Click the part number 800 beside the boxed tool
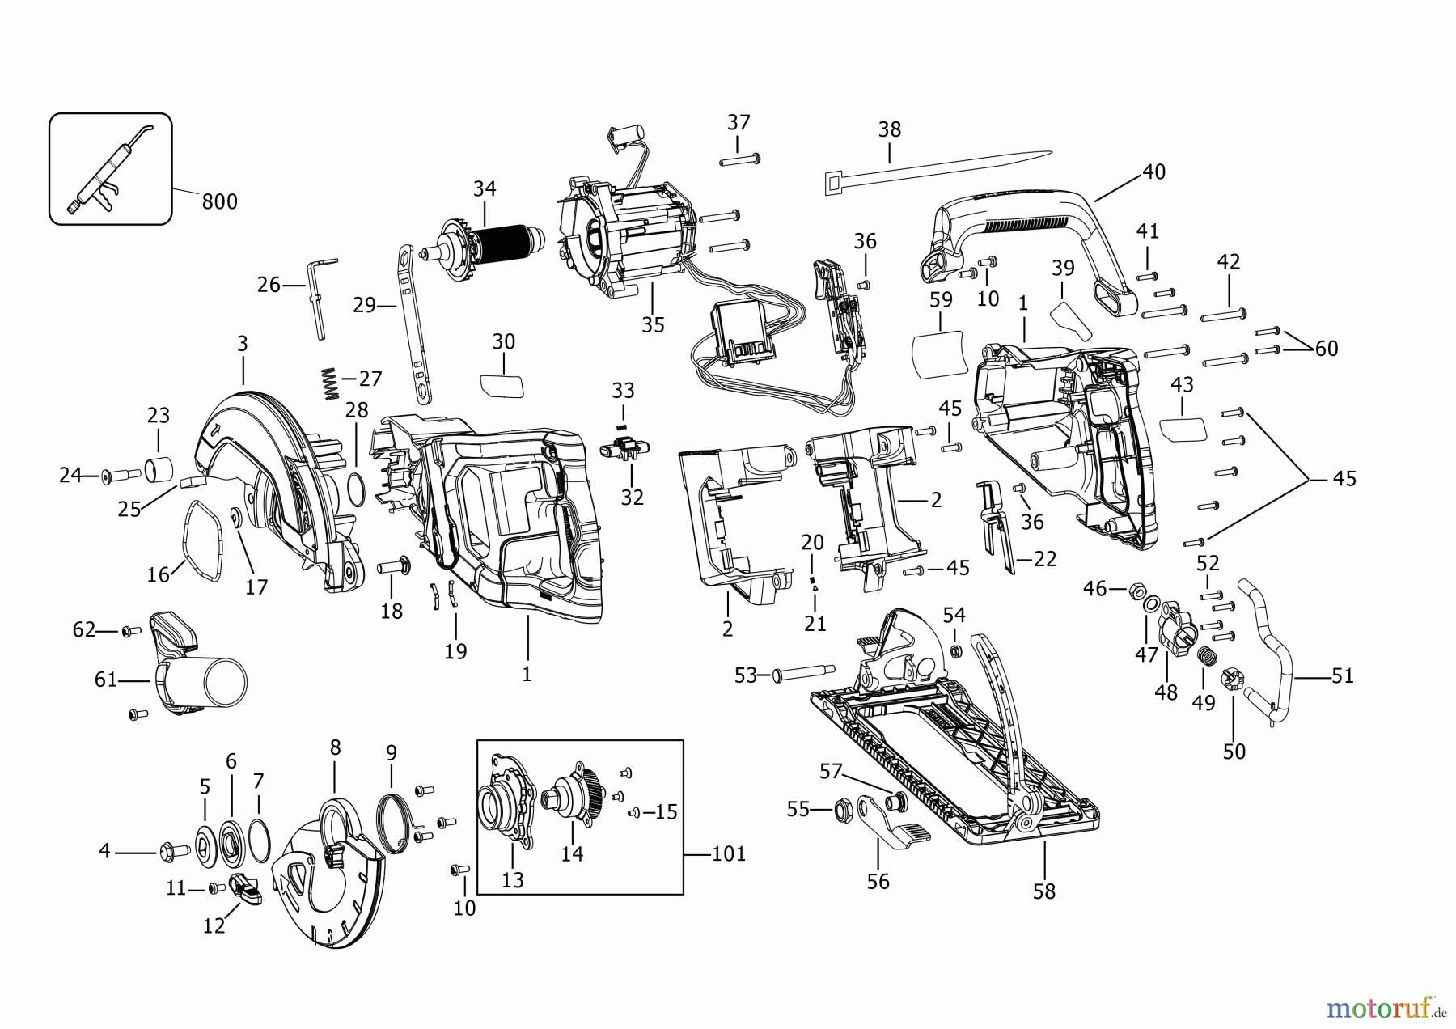[x=219, y=201]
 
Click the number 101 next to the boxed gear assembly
[x=728, y=853]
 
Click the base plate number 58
[x=1044, y=891]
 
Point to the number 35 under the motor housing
[x=653, y=324]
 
